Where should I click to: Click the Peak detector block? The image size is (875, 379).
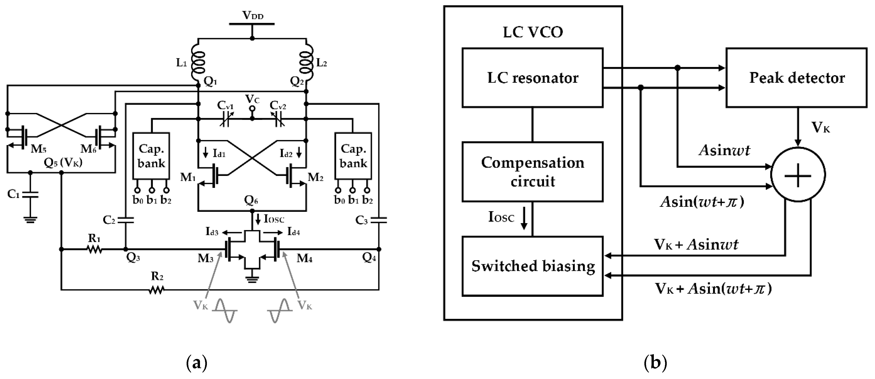point(796,78)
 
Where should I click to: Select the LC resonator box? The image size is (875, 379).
point(532,78)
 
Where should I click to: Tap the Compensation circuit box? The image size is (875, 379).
point(532,172)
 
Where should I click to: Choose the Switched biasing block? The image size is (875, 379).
point(532,266)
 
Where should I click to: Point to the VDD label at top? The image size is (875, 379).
point(252,15)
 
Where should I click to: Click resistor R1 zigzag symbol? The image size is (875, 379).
point(94,249)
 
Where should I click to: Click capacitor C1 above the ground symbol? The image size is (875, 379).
point(30,195)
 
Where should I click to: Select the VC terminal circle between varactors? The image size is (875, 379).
point(252,109)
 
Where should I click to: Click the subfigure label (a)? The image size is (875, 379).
point(197,363)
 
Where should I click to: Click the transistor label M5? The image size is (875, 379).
point(38,149)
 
